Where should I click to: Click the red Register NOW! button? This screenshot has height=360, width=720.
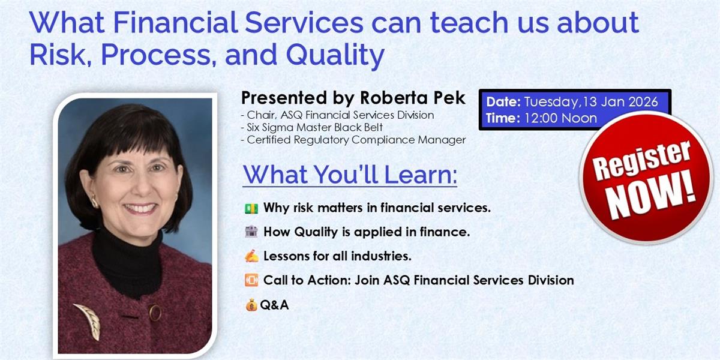[646, 178]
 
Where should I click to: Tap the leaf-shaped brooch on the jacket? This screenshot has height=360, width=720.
[88, 320]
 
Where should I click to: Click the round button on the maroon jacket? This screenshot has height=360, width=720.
[155, 312]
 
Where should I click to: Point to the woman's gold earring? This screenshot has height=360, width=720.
[95, 202]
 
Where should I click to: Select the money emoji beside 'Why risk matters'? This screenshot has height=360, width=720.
[251, 208]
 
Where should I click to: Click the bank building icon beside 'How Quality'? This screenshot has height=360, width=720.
[251, 232]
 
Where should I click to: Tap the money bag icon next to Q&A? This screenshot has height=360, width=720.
[251, 305]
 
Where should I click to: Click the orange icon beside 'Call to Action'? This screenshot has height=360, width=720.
[251, 280]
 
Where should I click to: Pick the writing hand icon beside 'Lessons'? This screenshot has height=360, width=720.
[251, 256]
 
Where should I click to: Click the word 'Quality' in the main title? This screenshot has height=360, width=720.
[335, 55]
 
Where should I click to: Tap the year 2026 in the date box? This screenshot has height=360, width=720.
[643, 102]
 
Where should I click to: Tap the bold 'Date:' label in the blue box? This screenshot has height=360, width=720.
[503, 102]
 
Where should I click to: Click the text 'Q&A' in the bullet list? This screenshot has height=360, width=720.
[274, 305]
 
